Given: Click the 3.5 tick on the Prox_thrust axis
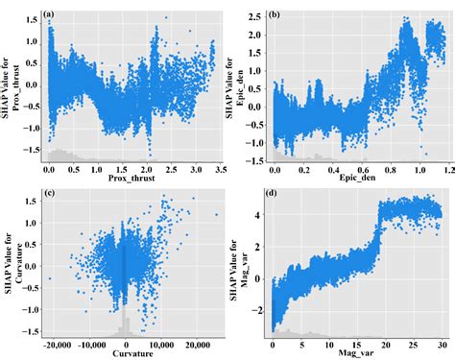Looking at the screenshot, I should pos(218,168).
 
